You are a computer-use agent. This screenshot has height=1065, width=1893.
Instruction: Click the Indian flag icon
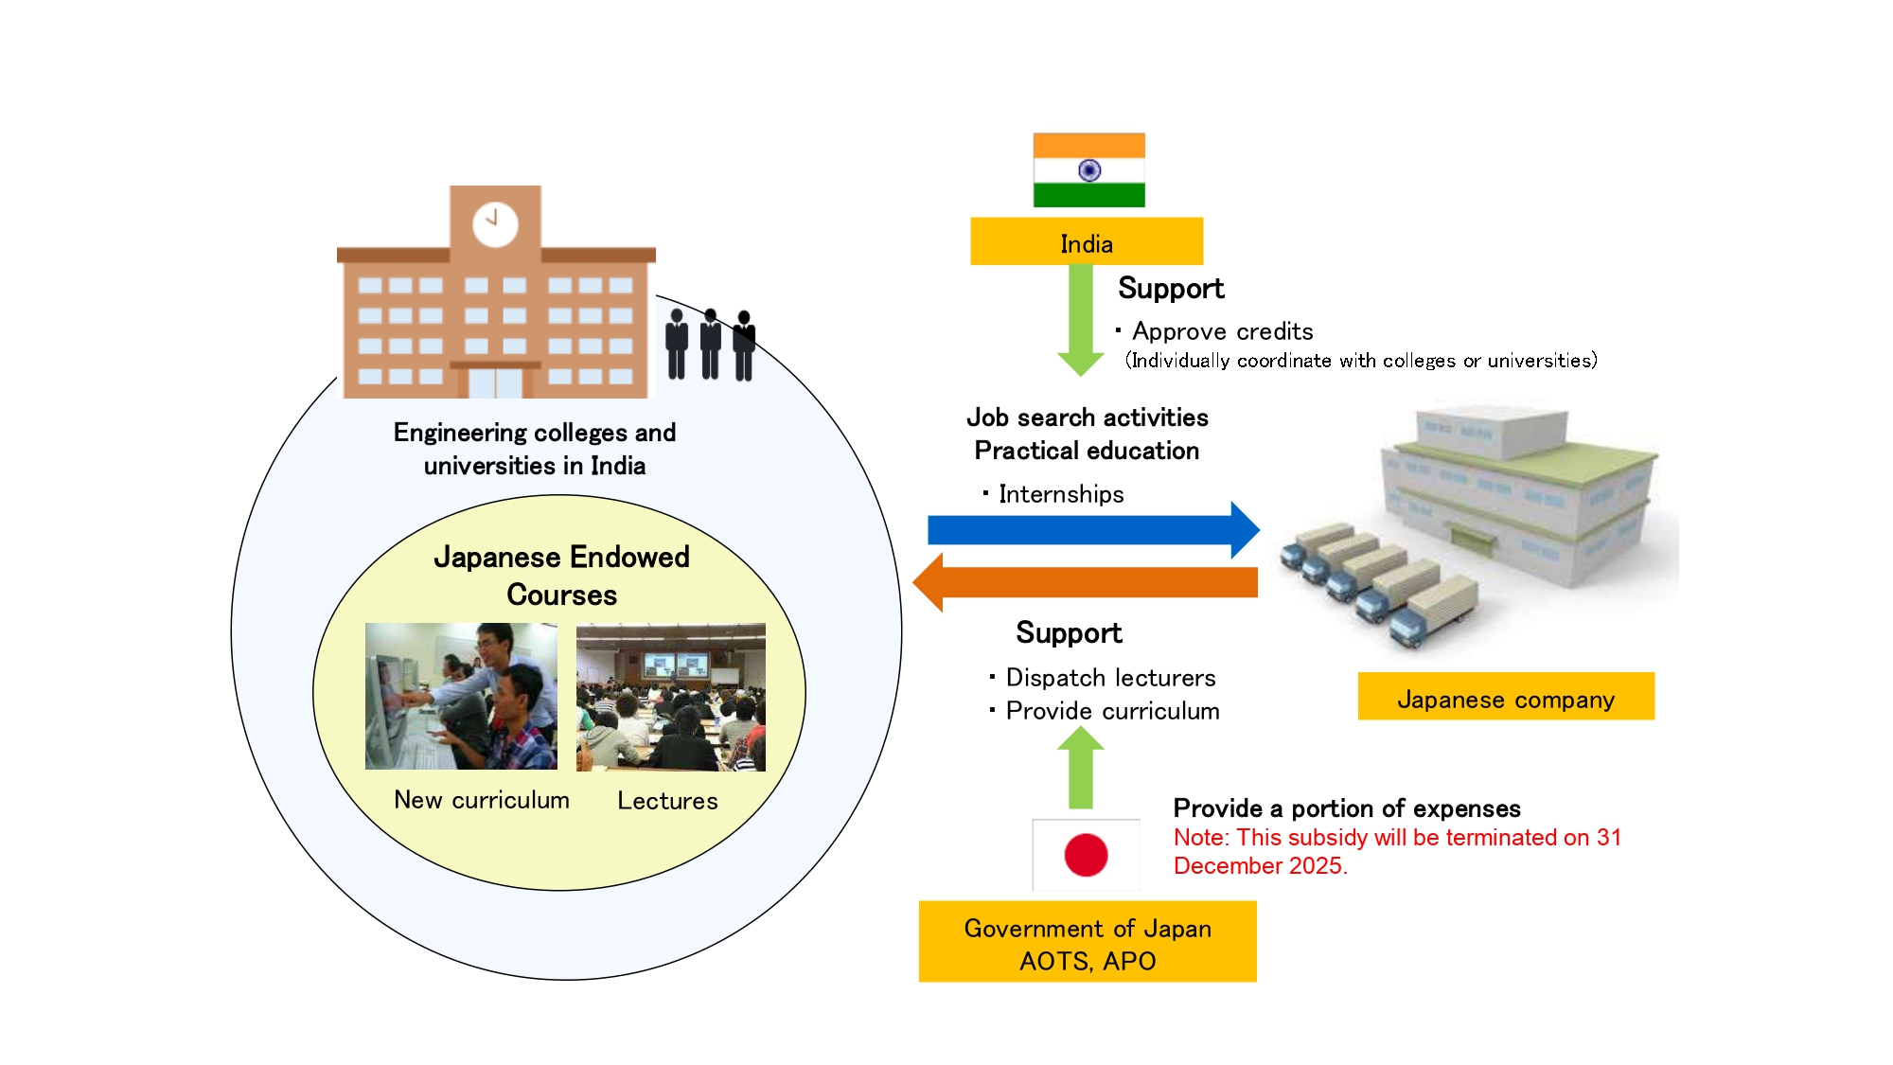point(1088,170)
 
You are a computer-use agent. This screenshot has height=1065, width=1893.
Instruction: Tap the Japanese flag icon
point(1086,855)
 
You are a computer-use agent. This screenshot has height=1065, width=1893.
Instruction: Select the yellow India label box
point(1087,242)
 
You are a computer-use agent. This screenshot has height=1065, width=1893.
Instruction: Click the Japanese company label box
point(1505,698)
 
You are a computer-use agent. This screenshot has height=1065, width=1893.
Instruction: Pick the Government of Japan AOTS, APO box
point(1087,942)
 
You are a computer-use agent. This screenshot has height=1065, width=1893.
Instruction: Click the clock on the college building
point(495,224)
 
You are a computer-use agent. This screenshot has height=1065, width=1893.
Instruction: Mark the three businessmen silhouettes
point(710,345)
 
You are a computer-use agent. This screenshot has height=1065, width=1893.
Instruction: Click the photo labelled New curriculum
point(461,696)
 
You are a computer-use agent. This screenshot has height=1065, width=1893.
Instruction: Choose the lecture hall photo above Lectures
point(670,697)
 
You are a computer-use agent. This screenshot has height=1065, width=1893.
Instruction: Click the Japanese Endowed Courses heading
point(561,575)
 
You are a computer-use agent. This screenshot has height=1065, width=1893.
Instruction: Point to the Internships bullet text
point(1060,494)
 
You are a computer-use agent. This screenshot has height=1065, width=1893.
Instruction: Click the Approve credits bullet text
point(1221,331)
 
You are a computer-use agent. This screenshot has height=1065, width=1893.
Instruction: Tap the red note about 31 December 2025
point(1396,851)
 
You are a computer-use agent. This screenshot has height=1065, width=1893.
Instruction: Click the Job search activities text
point(1087,417)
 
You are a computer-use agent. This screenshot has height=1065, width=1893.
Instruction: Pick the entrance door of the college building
point(495,382)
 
